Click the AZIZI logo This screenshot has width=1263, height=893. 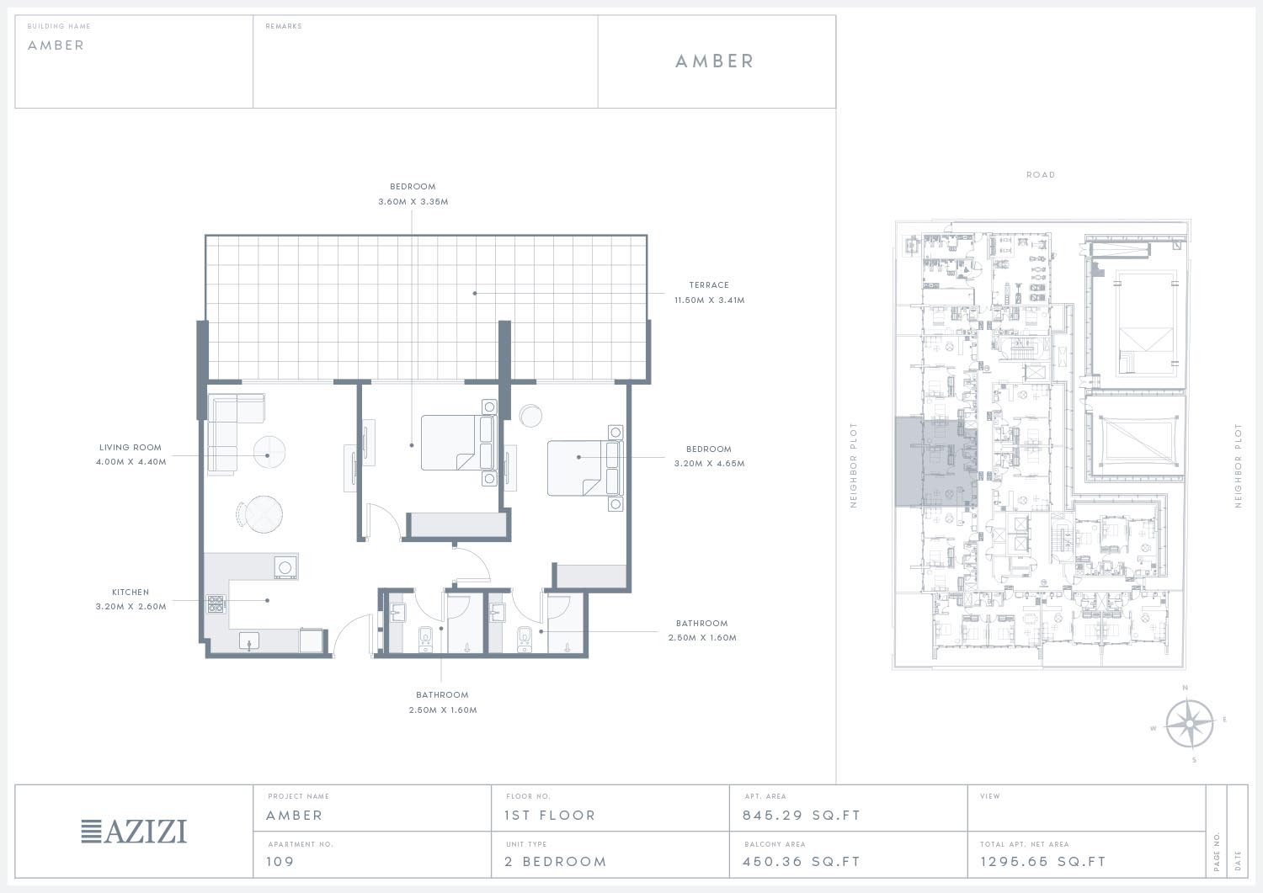coord(134,831)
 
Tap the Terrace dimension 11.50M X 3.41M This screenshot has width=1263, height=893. coord(709,300)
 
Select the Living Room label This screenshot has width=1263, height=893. coord(131,447)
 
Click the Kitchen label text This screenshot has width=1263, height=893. coord(131,592)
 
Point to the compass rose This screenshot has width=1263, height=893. coord(1189,723)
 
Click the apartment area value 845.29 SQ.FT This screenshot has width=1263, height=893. coord(802,816)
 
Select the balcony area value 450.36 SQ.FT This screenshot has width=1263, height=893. coord(802,861)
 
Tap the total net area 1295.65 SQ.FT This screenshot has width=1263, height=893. coord(1042,861)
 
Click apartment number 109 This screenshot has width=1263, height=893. coord(280,861)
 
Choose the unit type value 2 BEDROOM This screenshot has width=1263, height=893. coord(556,861)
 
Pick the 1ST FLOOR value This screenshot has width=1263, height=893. coord(550,816)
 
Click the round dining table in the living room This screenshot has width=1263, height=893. coord(264,513)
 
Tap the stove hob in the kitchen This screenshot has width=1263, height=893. coord(216,603)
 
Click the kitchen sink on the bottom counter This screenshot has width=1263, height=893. coord(248,641)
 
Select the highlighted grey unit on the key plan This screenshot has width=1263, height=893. coord(935,462)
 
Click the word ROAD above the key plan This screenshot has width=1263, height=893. coord(1040,175)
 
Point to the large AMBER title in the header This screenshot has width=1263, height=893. coord(714,61)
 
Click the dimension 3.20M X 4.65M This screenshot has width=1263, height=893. coord(709,464)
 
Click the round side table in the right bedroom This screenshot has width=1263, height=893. coord(530,416)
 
